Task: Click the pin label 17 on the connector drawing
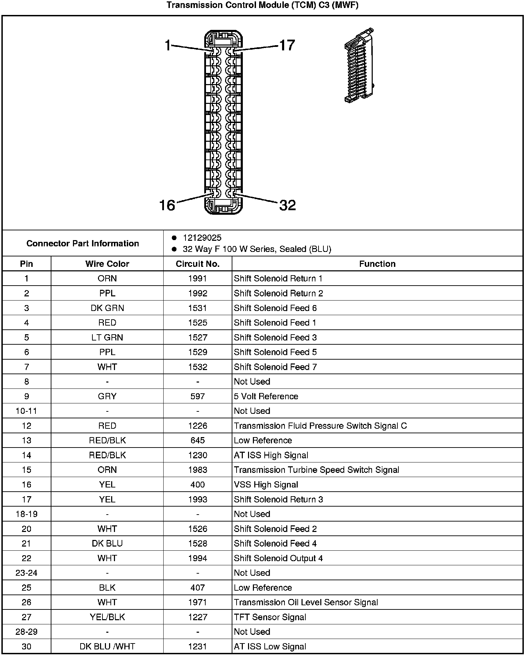(x=287, y=45)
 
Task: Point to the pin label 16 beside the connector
(x=167, y=205)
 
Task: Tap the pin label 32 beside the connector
(x=288, y=205)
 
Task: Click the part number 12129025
(x=202, y=238)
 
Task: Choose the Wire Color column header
(x=107, y=264)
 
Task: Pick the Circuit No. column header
(x=197, y=264)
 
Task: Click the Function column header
(x=377, y=264)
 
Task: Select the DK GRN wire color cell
(x=107, y=308)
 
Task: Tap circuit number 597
(x=197, y=396)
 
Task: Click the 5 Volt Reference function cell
(x=266, y=396)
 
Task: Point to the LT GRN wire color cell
(x=107, y=337)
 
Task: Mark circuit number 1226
(x=197, y=426)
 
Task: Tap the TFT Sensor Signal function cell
(x=270, y=617)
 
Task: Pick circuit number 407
(x=197, y=588)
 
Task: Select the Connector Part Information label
(x=83, y=243)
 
